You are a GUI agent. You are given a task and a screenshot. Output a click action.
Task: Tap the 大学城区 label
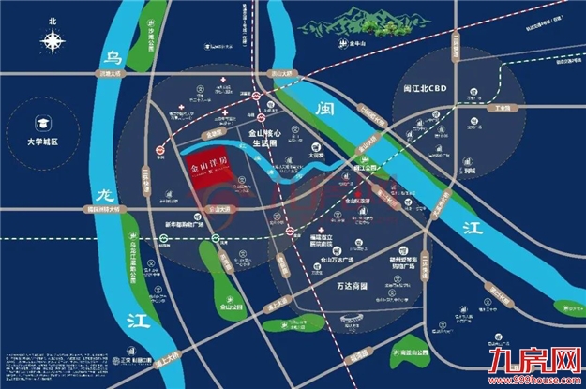(43, 142)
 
